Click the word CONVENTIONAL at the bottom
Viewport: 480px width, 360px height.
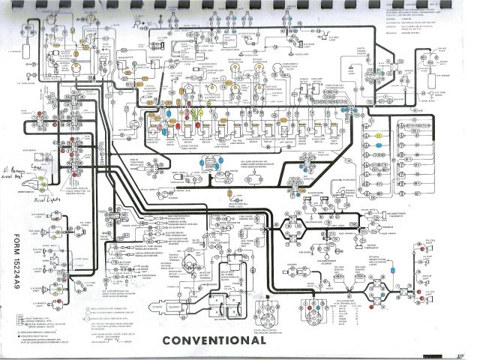tap(213, 340)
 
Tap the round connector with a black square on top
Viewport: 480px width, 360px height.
tap(264, 315)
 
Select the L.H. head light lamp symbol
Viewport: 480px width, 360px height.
tap(37, 224)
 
